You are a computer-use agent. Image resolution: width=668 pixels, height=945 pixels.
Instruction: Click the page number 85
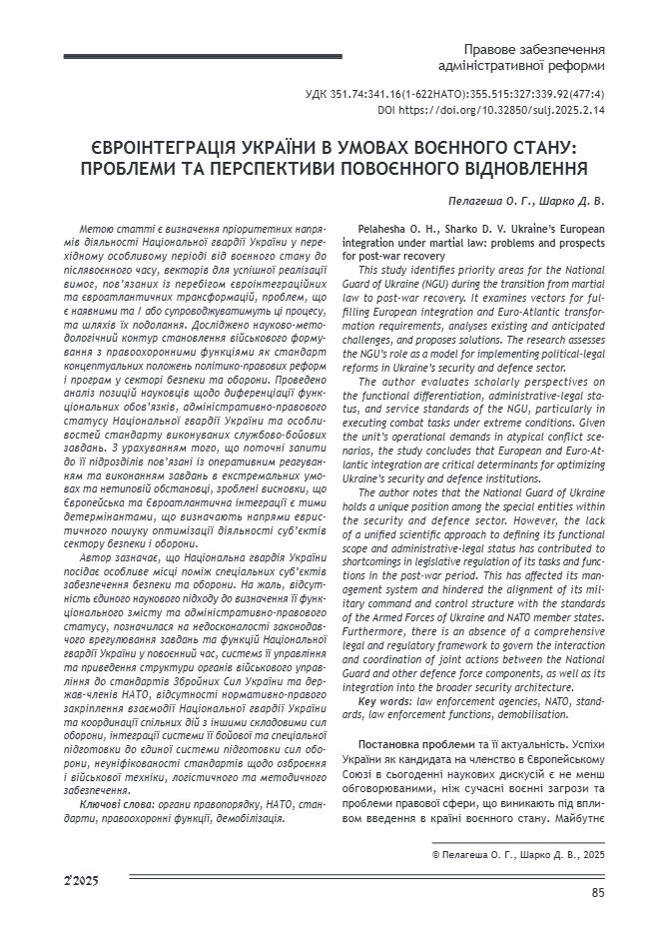[x=597, y=893]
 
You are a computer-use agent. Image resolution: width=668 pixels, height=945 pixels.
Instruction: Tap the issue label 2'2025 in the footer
[x=80, y=880]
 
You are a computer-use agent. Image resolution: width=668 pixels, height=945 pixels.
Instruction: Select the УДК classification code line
[x=454, y=95]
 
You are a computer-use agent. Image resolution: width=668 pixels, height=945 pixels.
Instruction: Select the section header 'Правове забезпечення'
[x=534, y=49]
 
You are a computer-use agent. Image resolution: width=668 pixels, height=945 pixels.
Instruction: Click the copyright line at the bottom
[x=517, y=855]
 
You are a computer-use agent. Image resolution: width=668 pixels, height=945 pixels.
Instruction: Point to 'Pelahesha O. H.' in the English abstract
[x=396, y=230]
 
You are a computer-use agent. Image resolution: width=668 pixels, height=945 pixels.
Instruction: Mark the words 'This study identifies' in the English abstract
[x=409, y=270]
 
